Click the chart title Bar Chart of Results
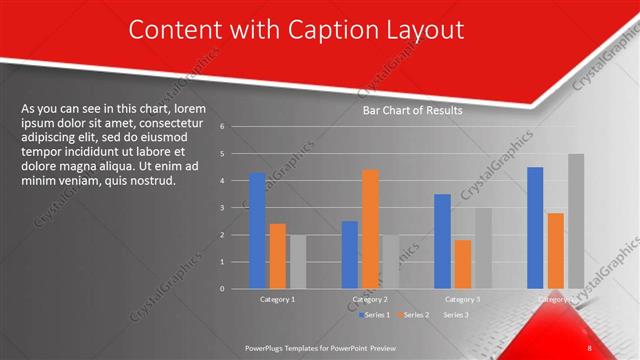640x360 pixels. [x=412, y=111]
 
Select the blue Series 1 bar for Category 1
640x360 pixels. [x=258, y=230]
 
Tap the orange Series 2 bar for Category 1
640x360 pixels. [x=278, y=256]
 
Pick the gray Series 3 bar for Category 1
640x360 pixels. [x=297, y=261]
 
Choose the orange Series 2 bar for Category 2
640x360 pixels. [x=370, y=229]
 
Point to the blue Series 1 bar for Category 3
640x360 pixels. [x=442, y=241]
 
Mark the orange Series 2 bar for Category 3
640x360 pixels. [x=462, y=264]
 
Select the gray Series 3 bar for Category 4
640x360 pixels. [x=575, y=221]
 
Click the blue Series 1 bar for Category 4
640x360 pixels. [x=535, y=227]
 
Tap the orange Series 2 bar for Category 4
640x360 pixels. [x=555, y=250]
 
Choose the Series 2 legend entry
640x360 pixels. [x=417, y=314]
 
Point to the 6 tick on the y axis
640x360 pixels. [x=235, y=127]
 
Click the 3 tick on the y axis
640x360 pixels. [x=235, y=208]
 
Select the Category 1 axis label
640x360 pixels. [x=277, y=299]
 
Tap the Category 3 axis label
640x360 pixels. [x=462, y=299]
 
